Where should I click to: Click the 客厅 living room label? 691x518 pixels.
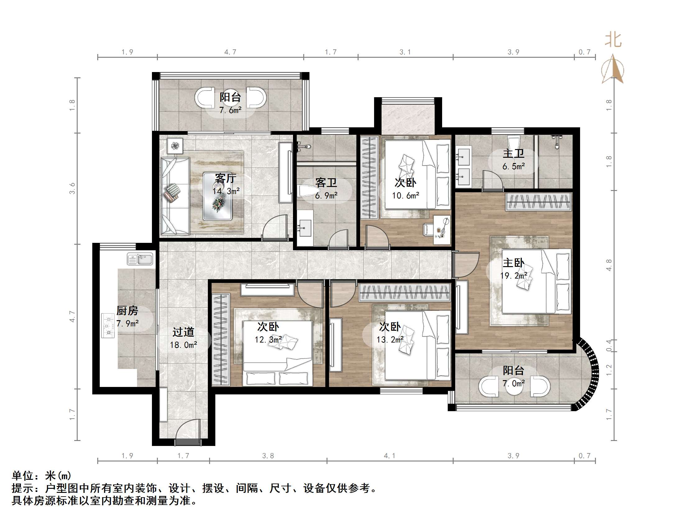point(226,178)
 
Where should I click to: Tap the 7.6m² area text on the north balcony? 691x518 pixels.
point(230,110)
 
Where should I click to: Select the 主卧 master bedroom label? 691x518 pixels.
point(513,263)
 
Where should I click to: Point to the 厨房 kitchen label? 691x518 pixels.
point(127,311)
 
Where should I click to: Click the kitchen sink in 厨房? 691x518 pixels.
point(140,259)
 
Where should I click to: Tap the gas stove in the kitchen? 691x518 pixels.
point(108,326)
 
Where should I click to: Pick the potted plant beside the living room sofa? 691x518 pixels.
point(175,146)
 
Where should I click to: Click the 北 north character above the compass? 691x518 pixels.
point(613,40)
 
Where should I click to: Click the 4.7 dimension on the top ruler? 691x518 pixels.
point(230,52)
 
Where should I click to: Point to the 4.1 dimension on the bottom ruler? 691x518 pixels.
point(390,456)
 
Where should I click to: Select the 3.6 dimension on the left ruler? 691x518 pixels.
point(72,188)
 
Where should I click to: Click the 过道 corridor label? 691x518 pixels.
point(183,332)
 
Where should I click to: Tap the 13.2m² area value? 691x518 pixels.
point(390,339)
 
